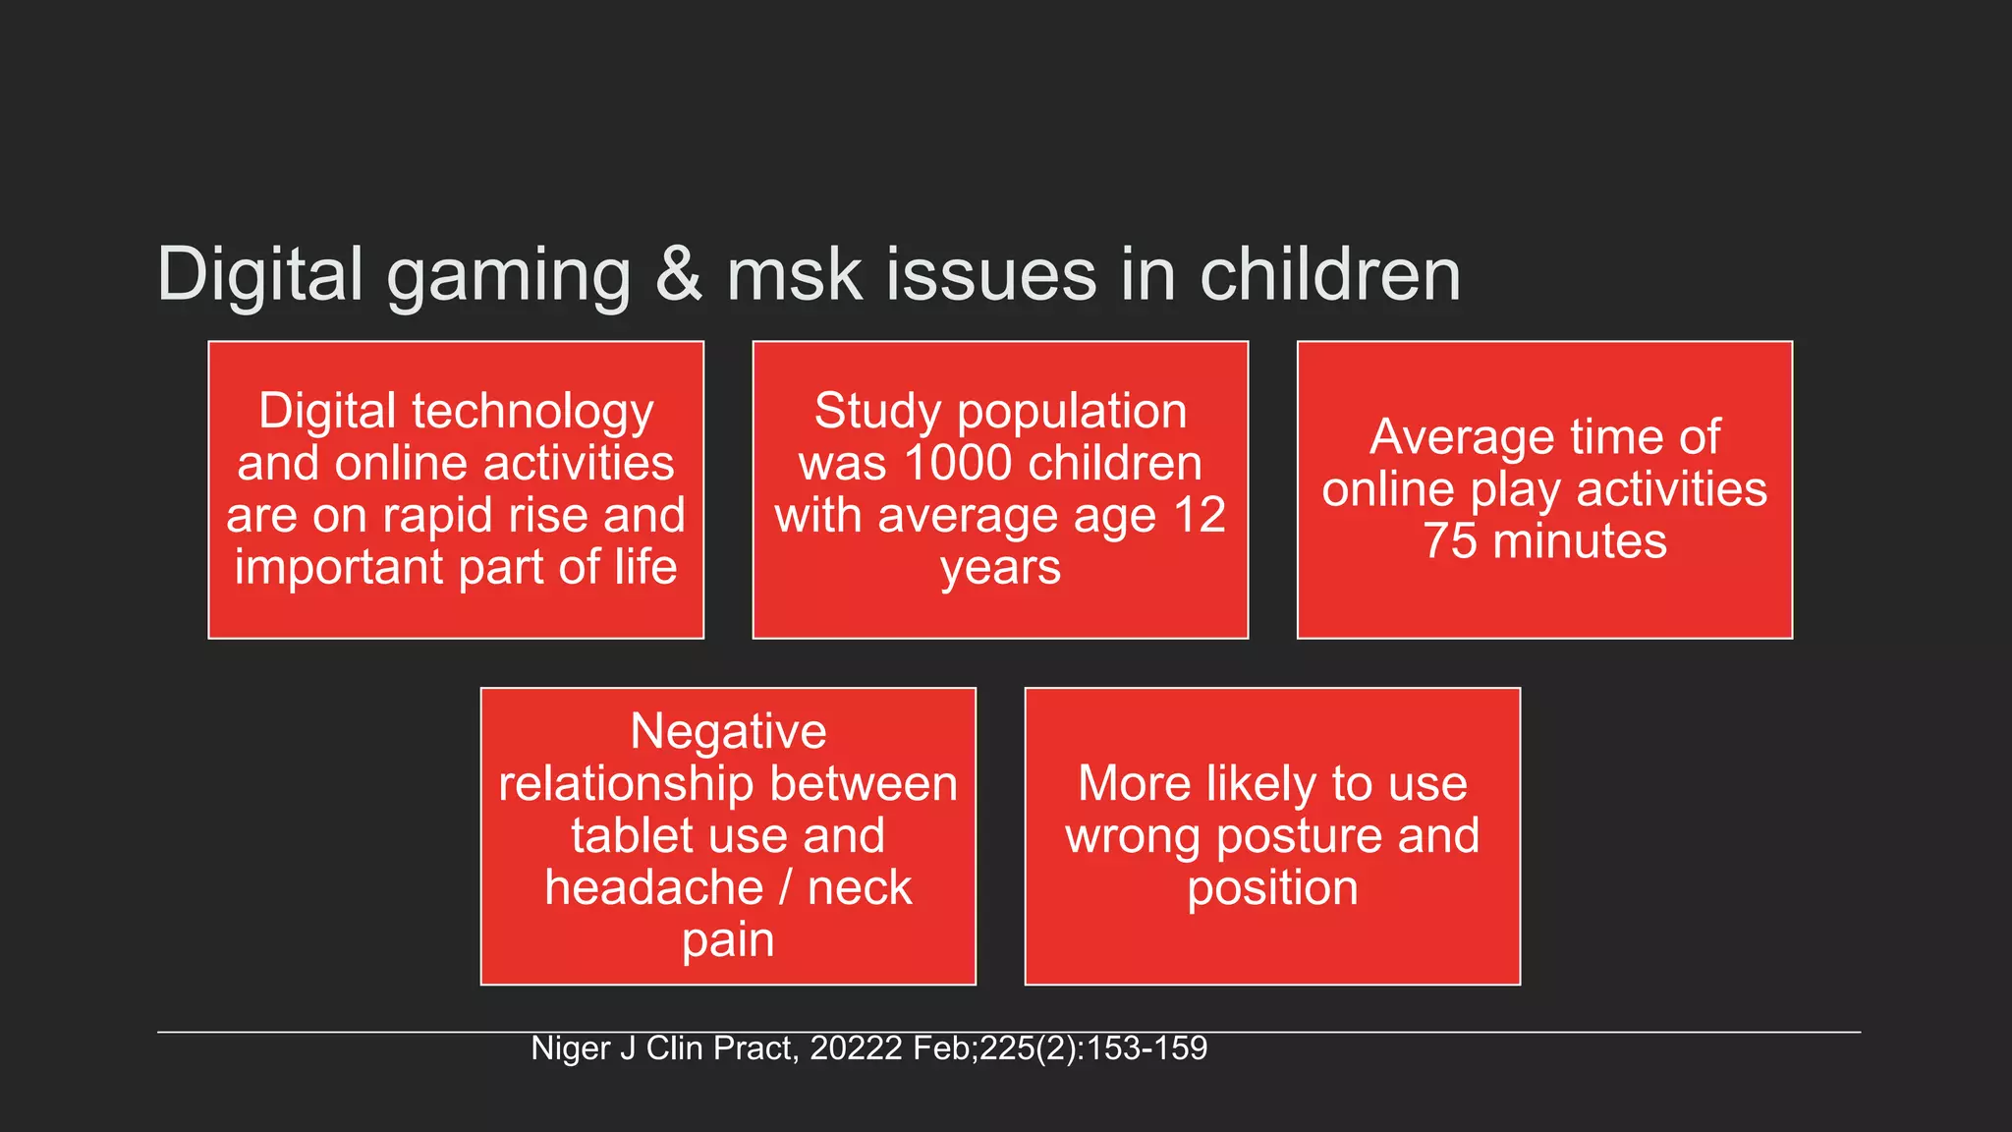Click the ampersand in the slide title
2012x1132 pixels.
pos(679,274)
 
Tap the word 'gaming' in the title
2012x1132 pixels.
pos(509,277)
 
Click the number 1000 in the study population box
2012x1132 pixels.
pos(958,464)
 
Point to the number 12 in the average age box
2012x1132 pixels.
pos(1200,516)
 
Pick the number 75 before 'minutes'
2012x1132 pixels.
pos(1450,541)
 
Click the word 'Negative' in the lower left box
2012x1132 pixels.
pos(728,732)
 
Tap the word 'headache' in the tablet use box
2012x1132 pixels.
pos(653,888)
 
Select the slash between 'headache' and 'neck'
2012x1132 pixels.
pos(785,888)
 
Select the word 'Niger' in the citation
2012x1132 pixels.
pos(570,1048)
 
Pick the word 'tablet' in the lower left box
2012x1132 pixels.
pos(630,836)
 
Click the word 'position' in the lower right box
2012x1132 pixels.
pos(1272,889)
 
